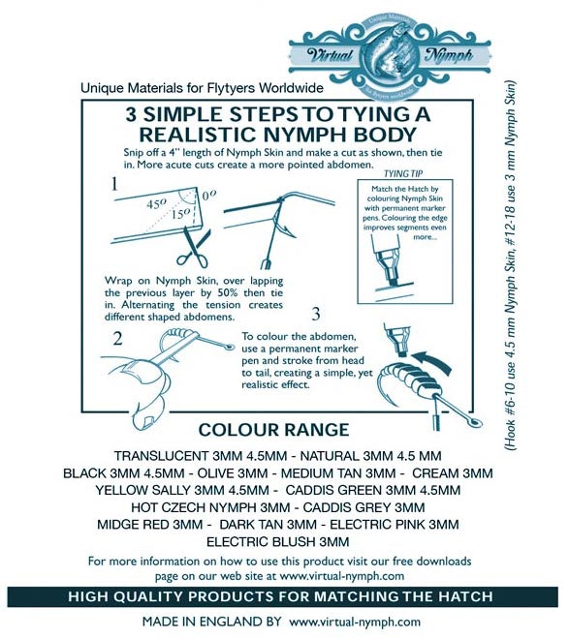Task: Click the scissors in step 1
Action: coord(194,247)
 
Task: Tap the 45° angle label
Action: coord(157,203)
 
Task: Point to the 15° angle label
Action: coord(181,214)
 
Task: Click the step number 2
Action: coord(117,338)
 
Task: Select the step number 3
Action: coord(316,314)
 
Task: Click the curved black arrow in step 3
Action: coord(432,361)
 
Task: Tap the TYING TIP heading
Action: coord(403,174)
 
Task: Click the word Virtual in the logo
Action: coord(330,54)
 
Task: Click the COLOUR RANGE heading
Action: coord(273,430)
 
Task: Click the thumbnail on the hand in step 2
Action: coord(143,421)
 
